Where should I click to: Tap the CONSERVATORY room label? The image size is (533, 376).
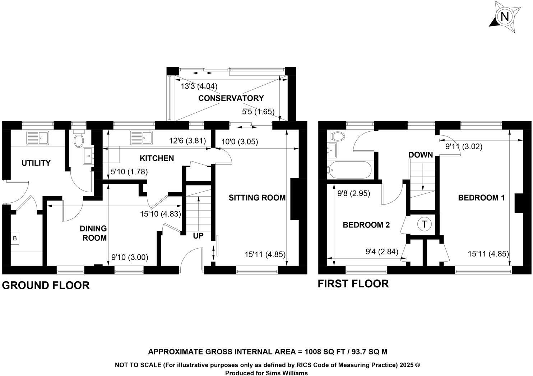[231, 98]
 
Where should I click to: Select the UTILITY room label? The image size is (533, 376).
[36, 163]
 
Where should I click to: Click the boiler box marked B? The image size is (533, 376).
[15, 238]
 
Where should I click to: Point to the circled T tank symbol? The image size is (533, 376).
[424, 225]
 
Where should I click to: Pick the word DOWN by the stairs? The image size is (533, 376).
[421, 155]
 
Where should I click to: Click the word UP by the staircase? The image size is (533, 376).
[198, 236]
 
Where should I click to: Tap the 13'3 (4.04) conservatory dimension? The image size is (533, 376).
[199, 86]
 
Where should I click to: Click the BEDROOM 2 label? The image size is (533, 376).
[366, 225]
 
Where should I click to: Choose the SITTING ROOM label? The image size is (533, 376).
[257, 197]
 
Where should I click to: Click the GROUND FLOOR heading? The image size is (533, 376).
[46, 285]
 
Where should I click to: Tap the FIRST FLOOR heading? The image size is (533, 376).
[353, 284]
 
